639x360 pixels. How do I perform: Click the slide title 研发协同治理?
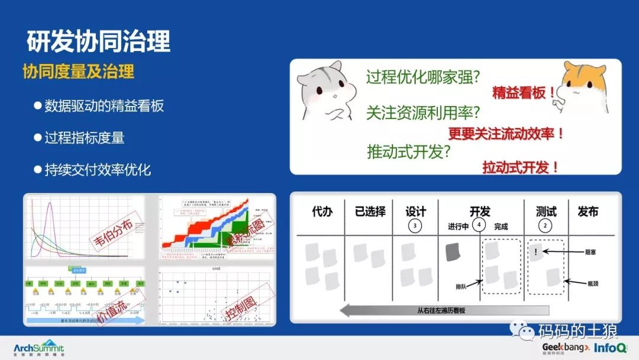click(99, 40)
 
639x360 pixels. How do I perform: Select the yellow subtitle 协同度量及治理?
click(78, 72)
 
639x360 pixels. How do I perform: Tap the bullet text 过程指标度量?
click(85, 138)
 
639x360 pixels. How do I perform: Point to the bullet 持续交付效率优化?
click(98, 170)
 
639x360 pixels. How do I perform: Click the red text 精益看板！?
click(524, 93)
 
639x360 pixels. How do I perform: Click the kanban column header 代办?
click(322, 211)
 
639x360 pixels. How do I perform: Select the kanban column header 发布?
click(588, 211)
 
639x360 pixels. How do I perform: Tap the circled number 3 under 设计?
click(415, 226)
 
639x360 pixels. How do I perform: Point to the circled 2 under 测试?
click(547, 226)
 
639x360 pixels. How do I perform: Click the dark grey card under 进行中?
click(454, 252)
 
